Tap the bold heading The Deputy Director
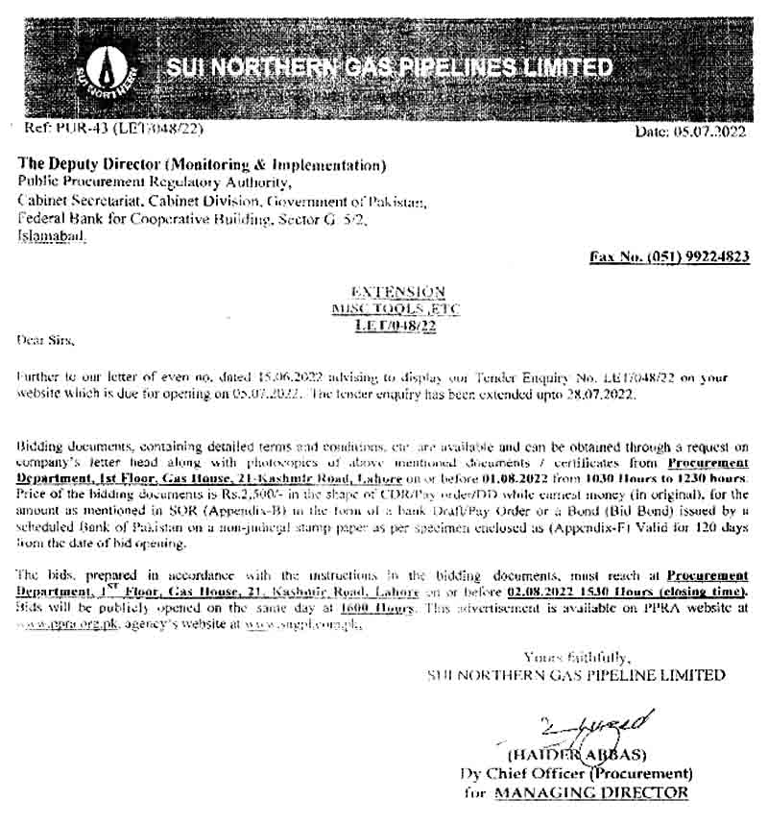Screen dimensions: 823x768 pyautogui.click(x=91, y=165)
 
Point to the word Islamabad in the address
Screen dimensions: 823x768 pyautogui.click(x=50, y=234)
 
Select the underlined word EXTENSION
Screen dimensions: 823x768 pyautogui.click(x=397, y=291)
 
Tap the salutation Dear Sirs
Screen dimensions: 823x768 pyautogui.click(x=45, y=340)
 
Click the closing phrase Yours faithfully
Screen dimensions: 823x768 pyautogui.click(x=576, y=657)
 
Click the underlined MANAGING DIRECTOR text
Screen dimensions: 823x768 pyautogui.click(x=590, y=792)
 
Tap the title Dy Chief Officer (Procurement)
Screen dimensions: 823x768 pyautogui.click(x=576, y=774)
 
